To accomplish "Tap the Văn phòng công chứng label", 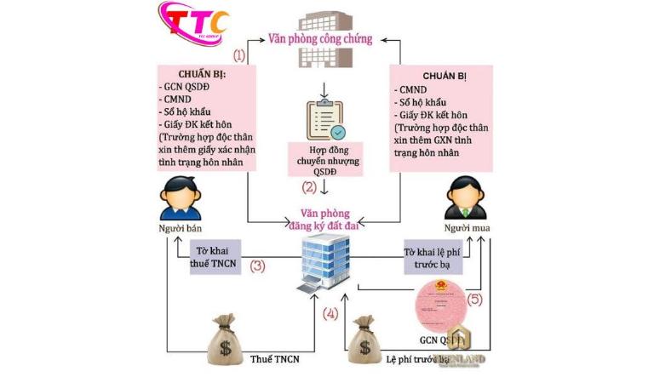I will coord(321,38).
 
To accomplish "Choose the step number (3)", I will coord(258,266).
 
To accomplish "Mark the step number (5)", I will coord(474,300).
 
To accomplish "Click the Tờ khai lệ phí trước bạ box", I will coord(438,254).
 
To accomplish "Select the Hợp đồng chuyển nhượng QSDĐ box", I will coord(324,159).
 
